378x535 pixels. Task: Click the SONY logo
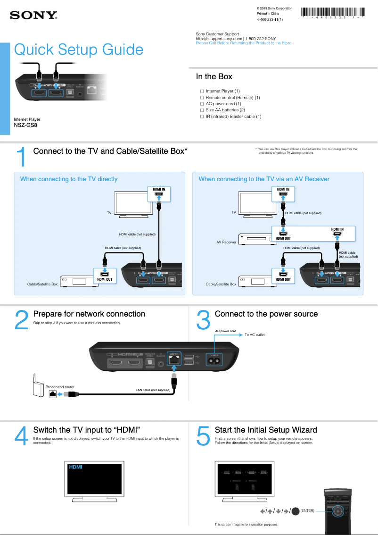(33, 16)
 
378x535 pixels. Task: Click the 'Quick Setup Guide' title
(79, 50)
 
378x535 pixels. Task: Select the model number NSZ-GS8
(25, 125)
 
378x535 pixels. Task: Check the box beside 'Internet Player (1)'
(202, 91)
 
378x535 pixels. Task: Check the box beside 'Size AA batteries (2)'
(202, 110)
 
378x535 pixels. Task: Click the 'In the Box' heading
(214, 76)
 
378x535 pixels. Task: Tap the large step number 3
(203, 320)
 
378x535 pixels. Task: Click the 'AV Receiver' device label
(226, 242)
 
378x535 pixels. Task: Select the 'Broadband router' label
(60, 387)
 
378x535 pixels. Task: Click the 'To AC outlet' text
(255, 334)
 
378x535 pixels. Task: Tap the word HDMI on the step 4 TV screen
(76, 467)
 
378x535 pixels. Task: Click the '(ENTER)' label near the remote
(307, 510)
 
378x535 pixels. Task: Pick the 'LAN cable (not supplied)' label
(153, 390)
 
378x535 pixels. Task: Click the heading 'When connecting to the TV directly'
(69, 179)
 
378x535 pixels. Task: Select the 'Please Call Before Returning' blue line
(243, 43)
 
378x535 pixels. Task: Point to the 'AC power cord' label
(225, 331)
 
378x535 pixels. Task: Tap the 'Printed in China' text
(268, 14)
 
